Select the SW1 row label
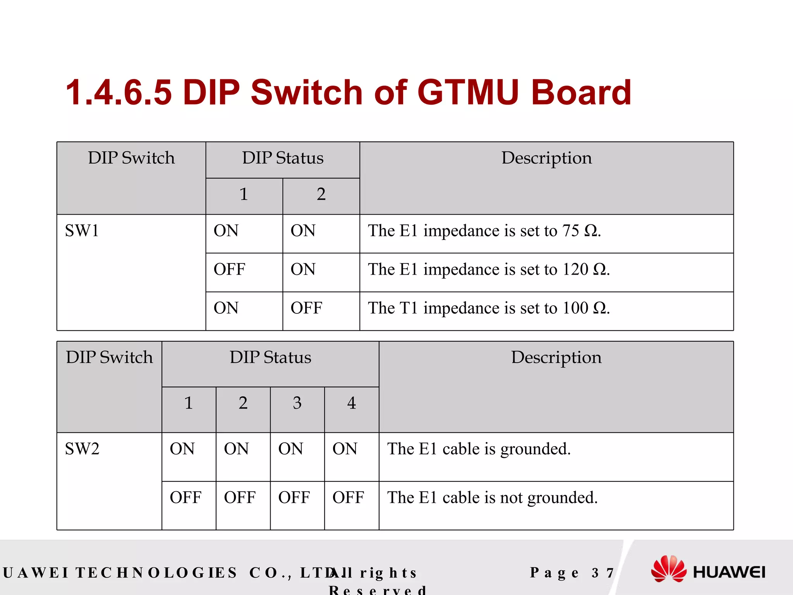(x=82, y=231)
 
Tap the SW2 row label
(x=82, y=449)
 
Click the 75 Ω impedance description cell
(x=484, y=231)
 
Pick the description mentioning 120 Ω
(x=489, y=270)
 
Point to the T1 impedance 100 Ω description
(x=489, y=308)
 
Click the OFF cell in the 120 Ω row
(x=229, y=270)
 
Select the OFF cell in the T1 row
(x=306, y=308)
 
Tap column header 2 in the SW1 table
(x=321, y=194)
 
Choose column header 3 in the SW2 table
(x=297, y=403)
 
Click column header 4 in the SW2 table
(x=351, y=403)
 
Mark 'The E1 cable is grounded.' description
(x=479, y=449)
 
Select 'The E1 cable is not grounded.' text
(x=493, y=498)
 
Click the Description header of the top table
(x=546, y=158)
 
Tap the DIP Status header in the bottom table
(x=270, y=358)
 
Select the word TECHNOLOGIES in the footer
(x=156, y=573)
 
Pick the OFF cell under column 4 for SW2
(x=348, y=498)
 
